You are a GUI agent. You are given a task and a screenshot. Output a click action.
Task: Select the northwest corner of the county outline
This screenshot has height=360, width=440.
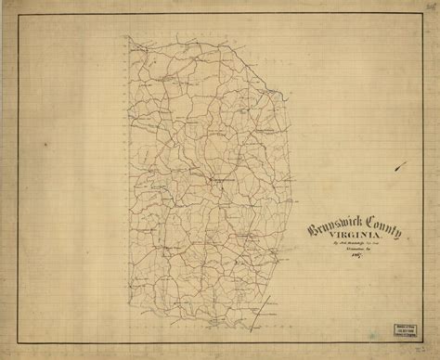(130, 38)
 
